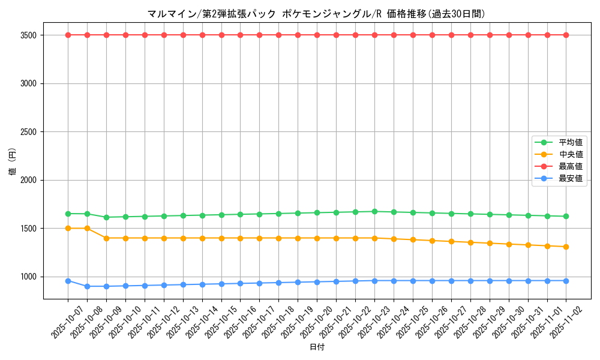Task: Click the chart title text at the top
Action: click(x=316, y=14)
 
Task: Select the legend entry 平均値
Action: click(x=571, y=142)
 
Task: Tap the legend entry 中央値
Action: click(x=571, y=154)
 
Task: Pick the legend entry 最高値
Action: click(x=571, y=166)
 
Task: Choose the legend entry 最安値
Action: click(x=571, y=178)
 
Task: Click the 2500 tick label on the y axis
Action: click(x=29, y=132)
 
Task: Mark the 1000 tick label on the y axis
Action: click(x=29, y=277)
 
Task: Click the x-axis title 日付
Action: click(x=317, y=347)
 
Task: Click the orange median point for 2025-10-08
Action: click(x=87, y=228)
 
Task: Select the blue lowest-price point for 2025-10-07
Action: click(x=68, y=281)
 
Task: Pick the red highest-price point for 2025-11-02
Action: click(x=566, y=35)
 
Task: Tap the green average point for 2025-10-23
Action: click(x=374, y=211)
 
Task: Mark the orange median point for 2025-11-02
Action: click(x=566, y=247)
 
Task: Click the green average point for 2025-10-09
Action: click(x=106, y=217)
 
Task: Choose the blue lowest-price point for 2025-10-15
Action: click(x=221, y=284)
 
